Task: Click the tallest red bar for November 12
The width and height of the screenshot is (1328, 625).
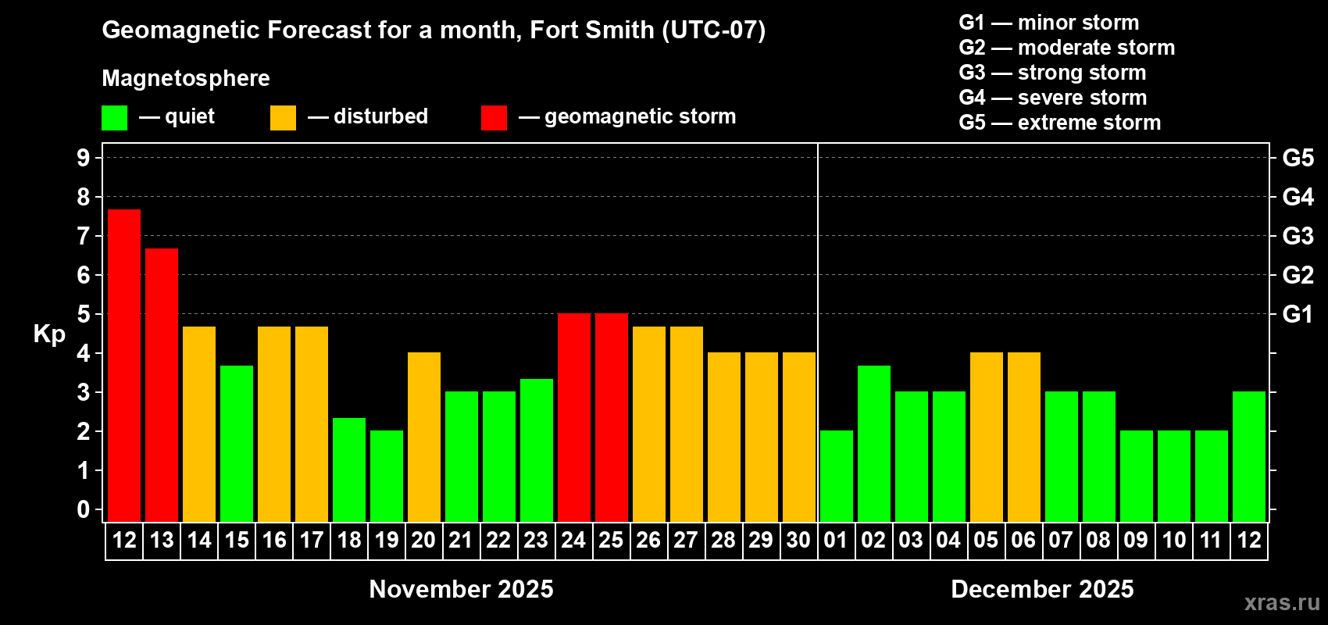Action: pyautogui.click(x=124, y=365)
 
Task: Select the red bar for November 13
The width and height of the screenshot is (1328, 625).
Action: pyautogui.click(x=162, y=384)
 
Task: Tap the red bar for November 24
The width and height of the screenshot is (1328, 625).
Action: pyautogui.click(x=574, y=417)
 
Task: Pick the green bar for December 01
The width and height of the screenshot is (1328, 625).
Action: pyautogui.click(x=837, y=476)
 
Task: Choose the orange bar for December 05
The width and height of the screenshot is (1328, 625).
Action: pyautogui.click(x=987, y=437)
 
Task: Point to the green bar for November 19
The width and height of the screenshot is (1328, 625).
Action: pyautogui.click(x=387, y=476)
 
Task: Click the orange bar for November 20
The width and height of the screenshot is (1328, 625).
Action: pyautogui.click(x=424, y=437)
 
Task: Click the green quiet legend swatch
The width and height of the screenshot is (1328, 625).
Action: pyautogui.click(x=114, y=118)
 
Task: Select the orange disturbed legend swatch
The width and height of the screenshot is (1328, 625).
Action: pyautogui.click(x=283, y=118)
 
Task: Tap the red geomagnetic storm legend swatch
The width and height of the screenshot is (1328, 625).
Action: pyautogui.click(x=494, y=118)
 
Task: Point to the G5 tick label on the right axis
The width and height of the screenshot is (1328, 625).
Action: pyautogui.click(x=1298, y=158)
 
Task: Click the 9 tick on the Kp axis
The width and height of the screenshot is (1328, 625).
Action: pyautogui.click(x=84, y=158)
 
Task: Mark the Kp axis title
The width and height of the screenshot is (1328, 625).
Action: pyautogui.click(x=49, y=334)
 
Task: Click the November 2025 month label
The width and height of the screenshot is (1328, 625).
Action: pyautogui.click(x=461, y=589)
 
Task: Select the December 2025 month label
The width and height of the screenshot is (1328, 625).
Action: pyautogui.click(x=1042, y=589)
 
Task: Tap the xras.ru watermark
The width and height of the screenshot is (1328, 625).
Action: pyautogui.click(x=1281, y=602)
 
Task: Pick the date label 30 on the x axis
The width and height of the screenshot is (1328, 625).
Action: pyautogui.click(x=798, y=540)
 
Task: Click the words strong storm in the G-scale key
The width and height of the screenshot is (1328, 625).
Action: pyautogui.click(x=1082, y=73)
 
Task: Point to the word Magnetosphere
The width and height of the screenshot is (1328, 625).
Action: pyautogui.click(x=186, y=78)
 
